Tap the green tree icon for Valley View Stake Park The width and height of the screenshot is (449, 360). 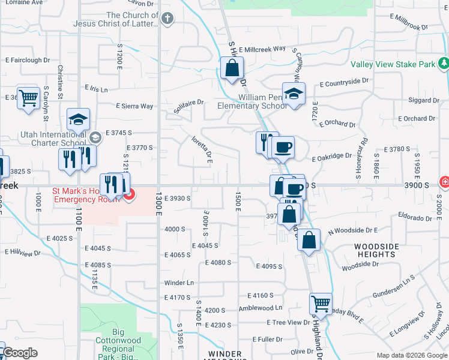point(443,62)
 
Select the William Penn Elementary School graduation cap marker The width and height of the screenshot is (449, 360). point(294,94)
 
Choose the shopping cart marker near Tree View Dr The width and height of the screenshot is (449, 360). point(321,304)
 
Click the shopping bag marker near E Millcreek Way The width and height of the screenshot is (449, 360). point(232,68)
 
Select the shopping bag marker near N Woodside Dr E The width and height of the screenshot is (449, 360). point(309,240)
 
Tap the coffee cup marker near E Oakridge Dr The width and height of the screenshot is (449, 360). point(283,147)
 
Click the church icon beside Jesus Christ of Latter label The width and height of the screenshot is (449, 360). point(168,19)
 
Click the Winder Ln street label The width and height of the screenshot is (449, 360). point(179,283)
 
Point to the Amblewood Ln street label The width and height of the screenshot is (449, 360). point(260,308)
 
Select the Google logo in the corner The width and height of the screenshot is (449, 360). point(20,353)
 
